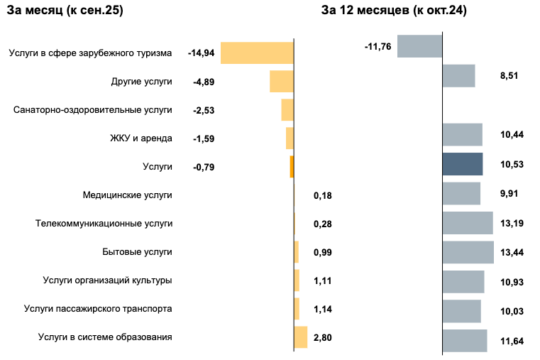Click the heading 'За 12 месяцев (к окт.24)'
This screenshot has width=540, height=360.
394,11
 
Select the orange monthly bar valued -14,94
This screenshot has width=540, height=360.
257,53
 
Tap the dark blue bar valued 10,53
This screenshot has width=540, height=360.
462,163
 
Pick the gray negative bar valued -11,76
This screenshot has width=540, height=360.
419,46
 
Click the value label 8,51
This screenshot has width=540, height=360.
509,75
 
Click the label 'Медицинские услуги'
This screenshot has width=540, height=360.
127,195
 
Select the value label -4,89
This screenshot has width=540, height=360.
204,82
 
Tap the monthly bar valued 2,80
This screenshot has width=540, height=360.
300,337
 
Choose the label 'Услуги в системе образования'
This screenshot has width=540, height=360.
105,337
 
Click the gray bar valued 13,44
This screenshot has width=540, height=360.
468,252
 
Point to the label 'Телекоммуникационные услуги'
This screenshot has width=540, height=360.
104,224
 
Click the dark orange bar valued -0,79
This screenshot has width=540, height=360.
292,167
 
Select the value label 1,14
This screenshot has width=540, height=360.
323,310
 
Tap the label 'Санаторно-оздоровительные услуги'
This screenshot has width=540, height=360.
93,110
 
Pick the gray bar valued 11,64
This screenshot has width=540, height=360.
465,340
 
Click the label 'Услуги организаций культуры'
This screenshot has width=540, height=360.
107,280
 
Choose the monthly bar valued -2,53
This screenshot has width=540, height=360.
287,110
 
